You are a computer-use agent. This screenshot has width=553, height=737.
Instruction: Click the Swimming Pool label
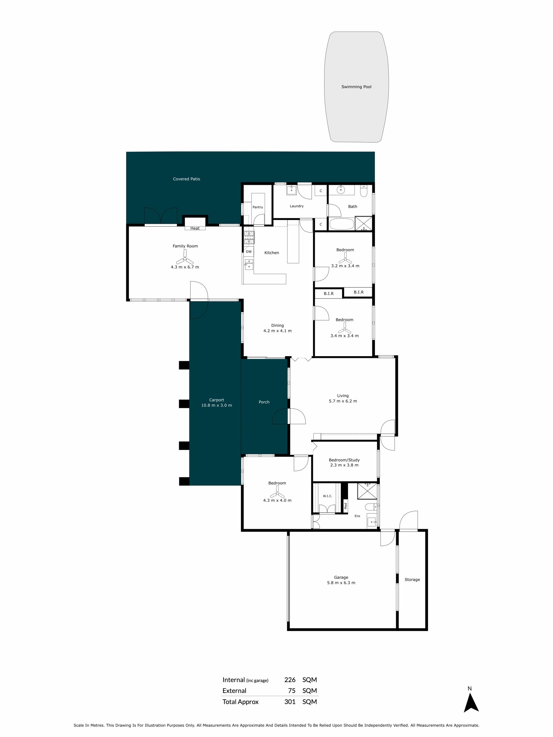point(356,87)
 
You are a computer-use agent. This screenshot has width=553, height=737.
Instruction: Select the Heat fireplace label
point(195,228)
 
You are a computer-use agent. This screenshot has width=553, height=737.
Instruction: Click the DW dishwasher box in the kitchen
point(249,252)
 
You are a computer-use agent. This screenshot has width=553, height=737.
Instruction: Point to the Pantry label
point(258,207)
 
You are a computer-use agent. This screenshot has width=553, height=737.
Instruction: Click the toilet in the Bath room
point(364,191)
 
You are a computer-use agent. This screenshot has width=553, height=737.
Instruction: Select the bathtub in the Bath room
point(342,224)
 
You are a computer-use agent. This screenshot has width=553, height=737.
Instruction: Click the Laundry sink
point(291,190)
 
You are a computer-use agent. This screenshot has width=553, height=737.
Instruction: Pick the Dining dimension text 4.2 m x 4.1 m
point(277,331)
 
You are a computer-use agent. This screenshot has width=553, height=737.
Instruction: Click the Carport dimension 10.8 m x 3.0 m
point(216,405)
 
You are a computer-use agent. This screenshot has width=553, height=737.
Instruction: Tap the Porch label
point(264,402)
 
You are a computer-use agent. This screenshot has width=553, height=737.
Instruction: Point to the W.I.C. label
point(327,496)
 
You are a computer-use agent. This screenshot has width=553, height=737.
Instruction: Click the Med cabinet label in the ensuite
point(346,506)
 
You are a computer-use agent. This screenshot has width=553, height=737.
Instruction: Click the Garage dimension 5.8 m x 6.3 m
point(341,583)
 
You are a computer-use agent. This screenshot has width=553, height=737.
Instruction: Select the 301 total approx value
point(290,702)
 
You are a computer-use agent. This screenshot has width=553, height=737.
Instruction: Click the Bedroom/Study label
point(344,460)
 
